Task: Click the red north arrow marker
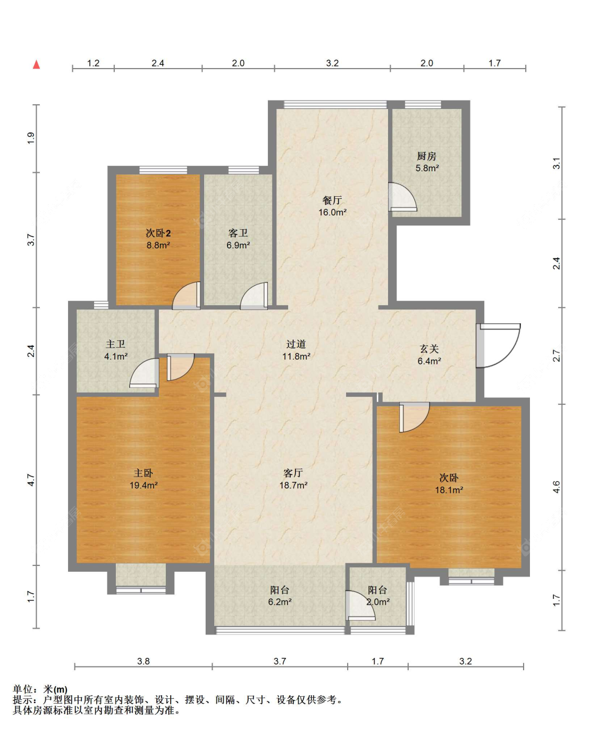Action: (x=36, y=64)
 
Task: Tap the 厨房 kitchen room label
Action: (x=427, y=156)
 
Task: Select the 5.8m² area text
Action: (x=427, y=168)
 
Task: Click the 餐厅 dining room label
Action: (x=332, y=200)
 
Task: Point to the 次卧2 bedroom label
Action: (x=158, y=233)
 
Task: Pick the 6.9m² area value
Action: (x=238, y=245)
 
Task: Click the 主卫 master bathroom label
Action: (x=115, y=344)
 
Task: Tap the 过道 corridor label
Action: (x=296, y=344)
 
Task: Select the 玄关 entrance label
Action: (x=429, y=349)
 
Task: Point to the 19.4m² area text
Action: (x=144, y=485)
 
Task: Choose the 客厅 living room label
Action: (x=293, y=473)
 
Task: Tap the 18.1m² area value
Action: (x=449, y=490)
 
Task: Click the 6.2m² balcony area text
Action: (x=280, y=602)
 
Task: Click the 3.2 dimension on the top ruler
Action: (x=332, y=63)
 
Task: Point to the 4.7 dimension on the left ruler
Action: (x=31, y=480)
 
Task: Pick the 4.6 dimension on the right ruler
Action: (x=556, y=487)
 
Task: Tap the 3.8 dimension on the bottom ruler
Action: (x=144, y=661)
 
